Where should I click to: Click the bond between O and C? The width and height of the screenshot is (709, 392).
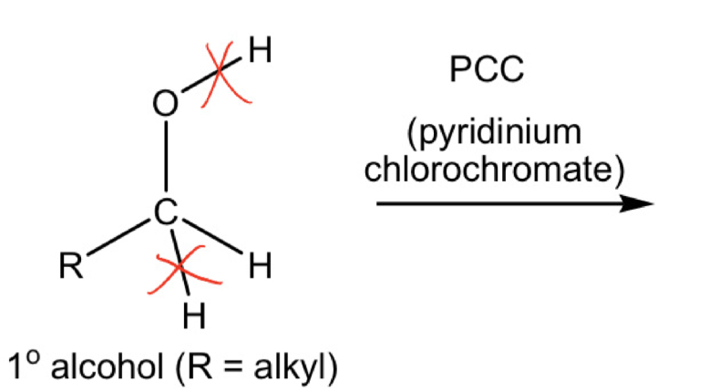click(165, 159)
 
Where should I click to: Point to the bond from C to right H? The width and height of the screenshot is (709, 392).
click(211, 239)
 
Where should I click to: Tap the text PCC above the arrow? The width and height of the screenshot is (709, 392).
click(488, 71)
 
